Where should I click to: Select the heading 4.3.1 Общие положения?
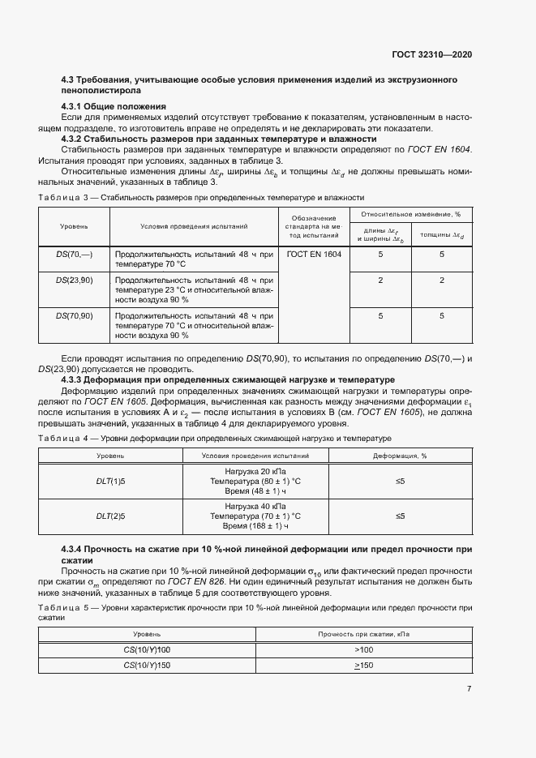(x=114, y=106)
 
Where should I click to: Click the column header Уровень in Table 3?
(x=74, y=226)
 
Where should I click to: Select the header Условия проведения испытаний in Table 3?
(x=194, y=226)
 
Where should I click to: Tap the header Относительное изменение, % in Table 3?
(x=411, y=214)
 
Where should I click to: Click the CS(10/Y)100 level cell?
(x=147, y=650)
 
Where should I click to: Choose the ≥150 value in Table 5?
(x=363, y=666)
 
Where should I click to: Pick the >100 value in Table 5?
(x=363, y=650)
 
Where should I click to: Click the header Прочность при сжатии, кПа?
(x=363, y=634)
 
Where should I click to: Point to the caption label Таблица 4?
(x=60, y=438)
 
